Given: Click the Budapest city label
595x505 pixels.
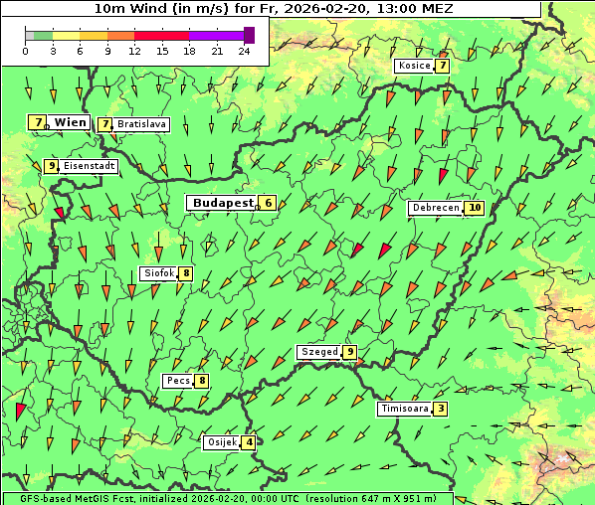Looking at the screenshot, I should [x=224, y=203].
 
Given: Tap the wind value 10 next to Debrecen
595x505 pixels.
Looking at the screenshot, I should [x=475, y=208].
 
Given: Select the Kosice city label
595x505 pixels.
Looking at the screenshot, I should [x=414, y=66].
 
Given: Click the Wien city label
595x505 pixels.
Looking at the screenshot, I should [x=71, y=122].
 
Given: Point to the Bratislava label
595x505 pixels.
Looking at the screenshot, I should [x=141, y=124].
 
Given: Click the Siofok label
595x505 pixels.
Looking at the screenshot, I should [x=159, y=273].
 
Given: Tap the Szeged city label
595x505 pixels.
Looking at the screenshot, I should [x=319, y=352].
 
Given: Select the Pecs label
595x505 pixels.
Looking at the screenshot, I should [x=179, y=381].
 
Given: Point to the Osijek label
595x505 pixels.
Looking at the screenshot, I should [x=222, y=442].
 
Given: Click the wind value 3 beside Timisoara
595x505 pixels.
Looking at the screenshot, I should [x=441, y=409].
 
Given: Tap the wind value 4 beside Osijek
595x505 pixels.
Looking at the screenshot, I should [x=249, y=442].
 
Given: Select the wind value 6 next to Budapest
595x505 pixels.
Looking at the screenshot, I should [x=268, y=203].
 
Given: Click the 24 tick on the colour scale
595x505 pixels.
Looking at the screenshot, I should [x=244, y=50].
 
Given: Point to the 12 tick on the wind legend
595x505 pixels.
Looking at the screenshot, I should [x=134, y=50].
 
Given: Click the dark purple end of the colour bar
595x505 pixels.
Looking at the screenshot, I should [x=249, y=35].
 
